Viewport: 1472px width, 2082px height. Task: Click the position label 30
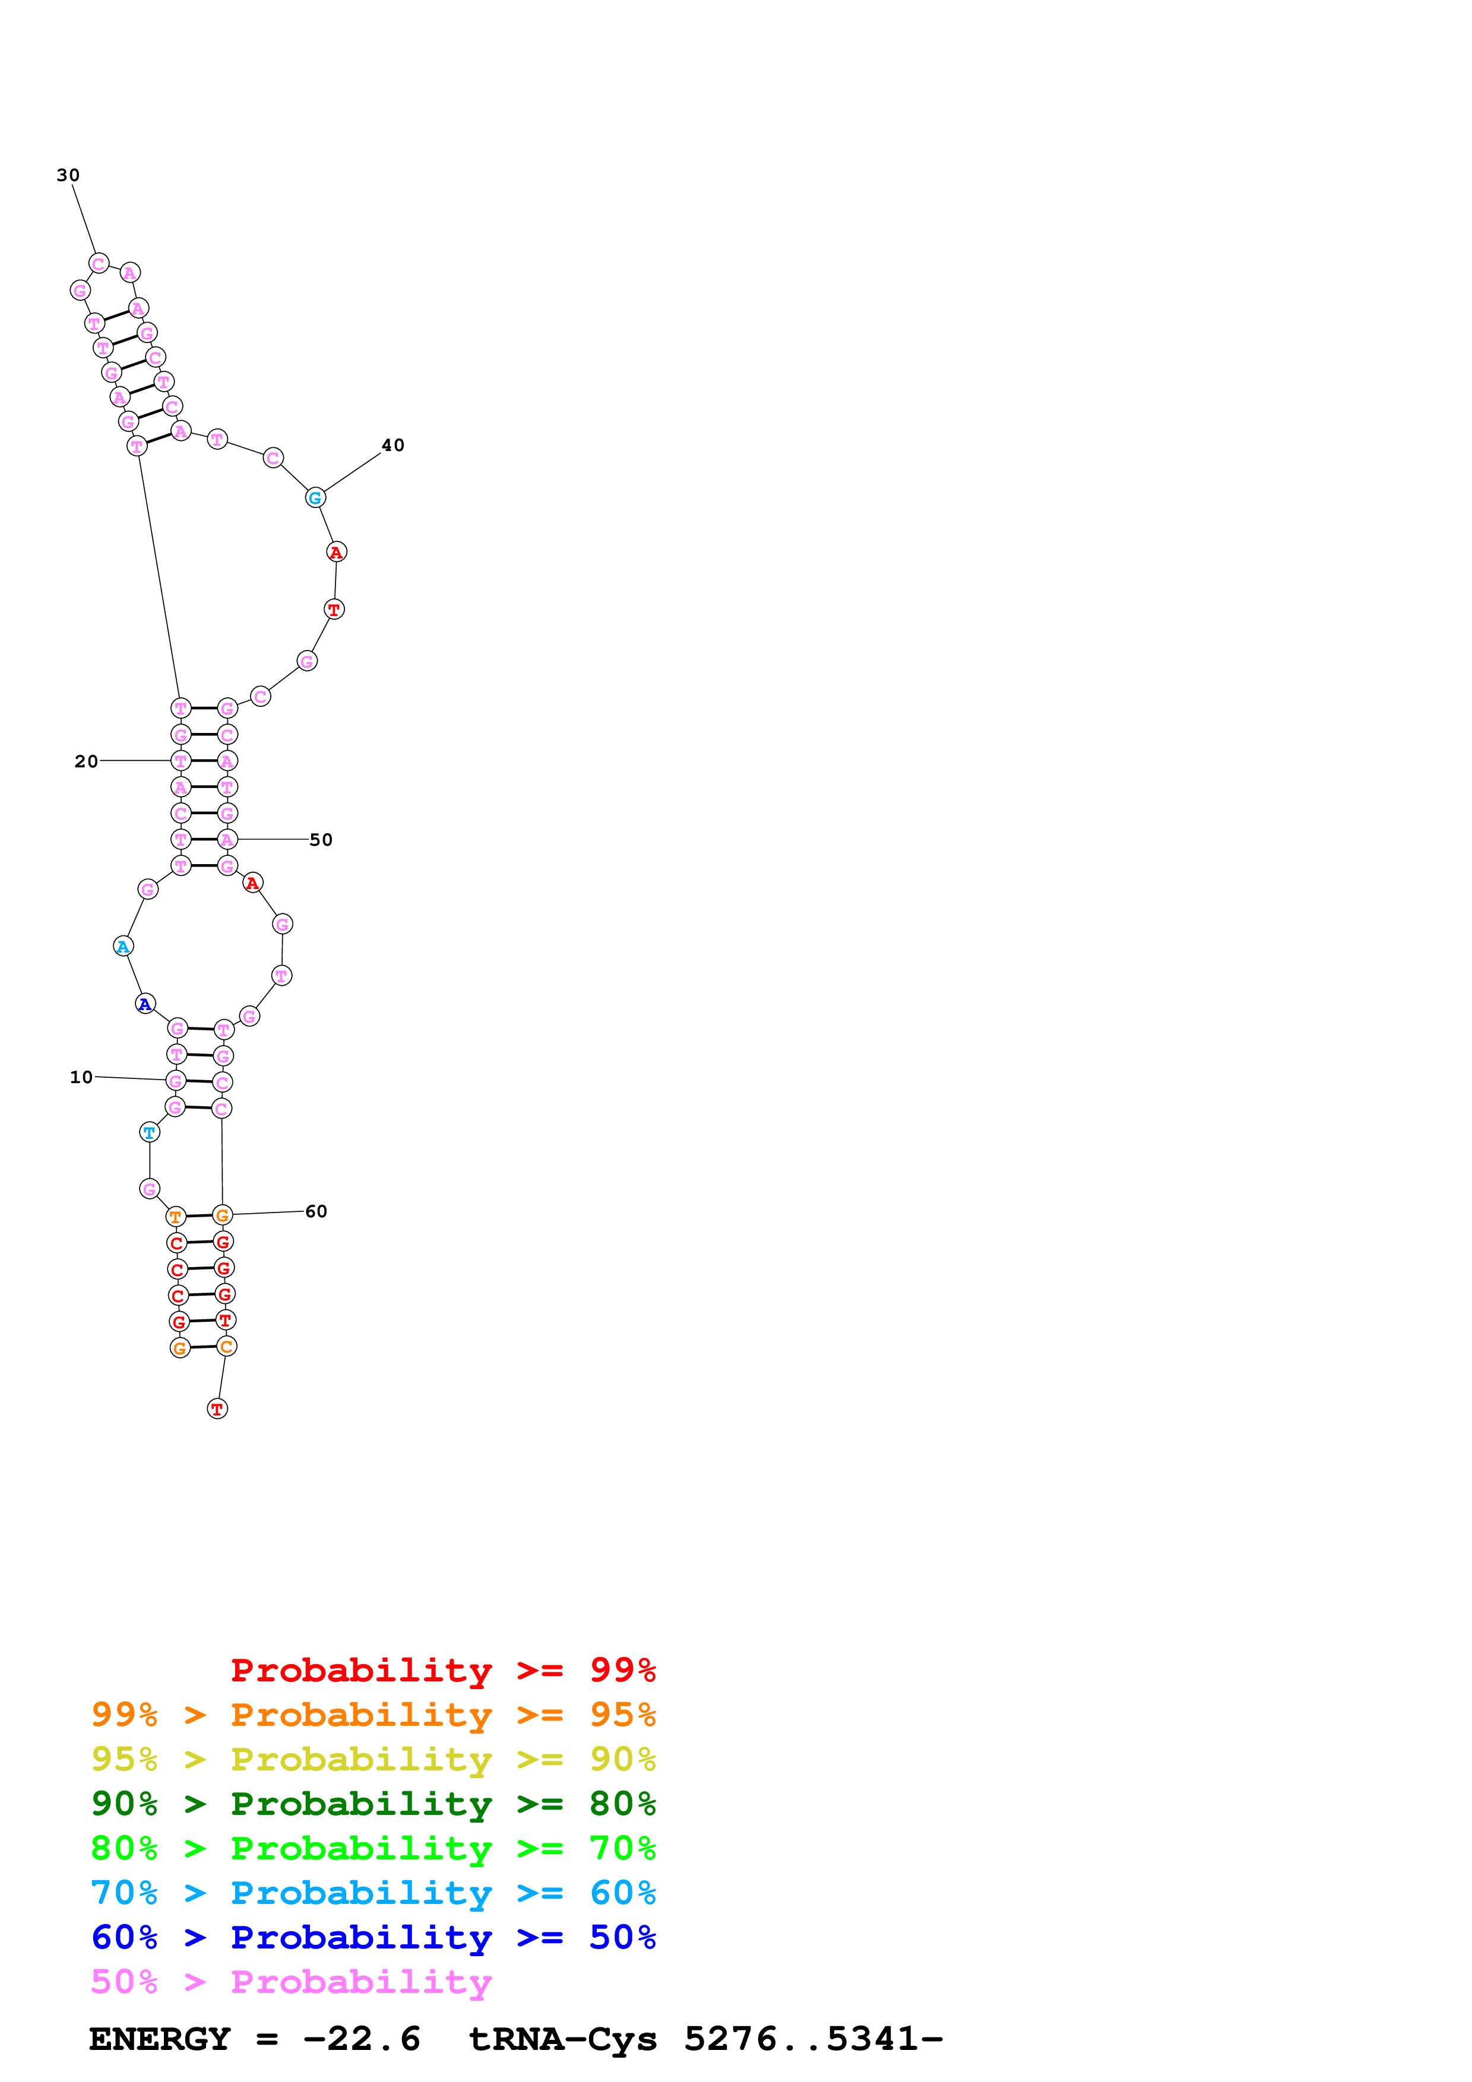point(68,175)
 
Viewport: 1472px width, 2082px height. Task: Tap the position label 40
point(392,445)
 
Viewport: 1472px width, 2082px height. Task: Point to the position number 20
point(86,761)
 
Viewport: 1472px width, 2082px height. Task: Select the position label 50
point(321,840)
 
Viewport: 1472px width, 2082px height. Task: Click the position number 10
point(81,1077)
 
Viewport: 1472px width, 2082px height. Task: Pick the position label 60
point(316,1211)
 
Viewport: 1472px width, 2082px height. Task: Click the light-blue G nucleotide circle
point(315,498)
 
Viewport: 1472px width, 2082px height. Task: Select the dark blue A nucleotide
point(145,1004)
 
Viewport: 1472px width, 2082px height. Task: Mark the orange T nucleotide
point(176,1217)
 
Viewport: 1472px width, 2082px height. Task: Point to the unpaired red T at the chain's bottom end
point(217,1409)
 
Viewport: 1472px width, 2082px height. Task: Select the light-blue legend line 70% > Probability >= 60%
point(373,1893)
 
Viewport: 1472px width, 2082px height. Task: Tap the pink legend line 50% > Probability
point(291,1982)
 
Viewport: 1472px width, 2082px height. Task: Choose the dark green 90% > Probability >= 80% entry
point(373,1804)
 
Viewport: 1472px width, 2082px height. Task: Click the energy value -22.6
point(361,2039)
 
